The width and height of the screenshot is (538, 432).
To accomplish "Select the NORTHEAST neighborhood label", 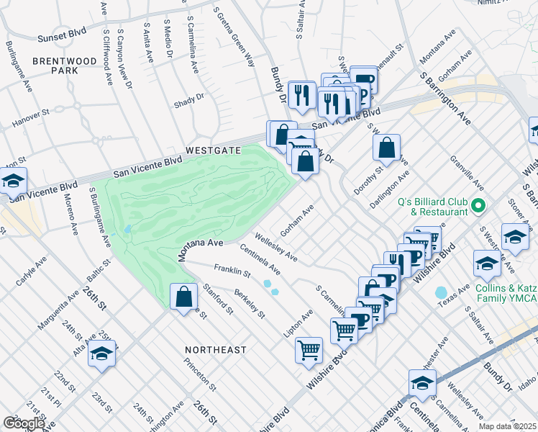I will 215,349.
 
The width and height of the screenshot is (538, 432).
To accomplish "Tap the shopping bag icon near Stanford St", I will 184,296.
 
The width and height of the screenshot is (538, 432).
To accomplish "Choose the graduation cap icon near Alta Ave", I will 102,354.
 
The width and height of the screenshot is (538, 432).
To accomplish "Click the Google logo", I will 24,423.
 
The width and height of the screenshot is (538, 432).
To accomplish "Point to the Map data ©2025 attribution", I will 508,426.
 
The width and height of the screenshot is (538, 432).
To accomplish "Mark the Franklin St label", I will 232,272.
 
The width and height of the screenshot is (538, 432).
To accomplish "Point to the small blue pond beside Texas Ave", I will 440,293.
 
